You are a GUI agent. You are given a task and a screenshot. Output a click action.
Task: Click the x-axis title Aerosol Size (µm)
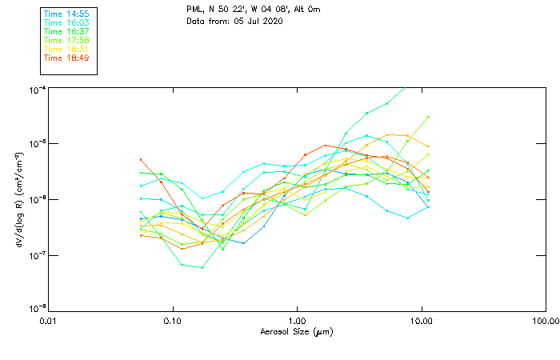(296, 331)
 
